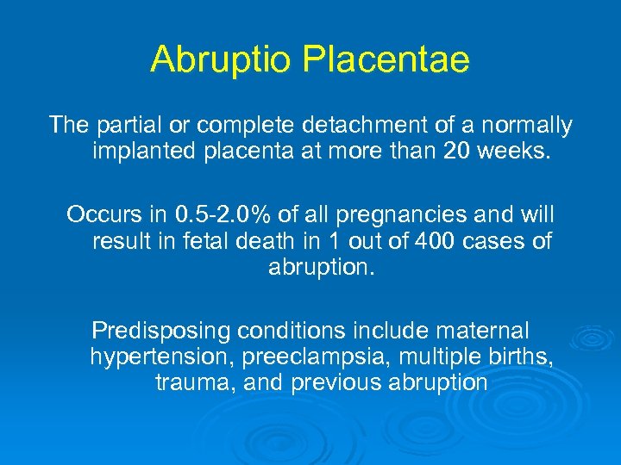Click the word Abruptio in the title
click(221, 60)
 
